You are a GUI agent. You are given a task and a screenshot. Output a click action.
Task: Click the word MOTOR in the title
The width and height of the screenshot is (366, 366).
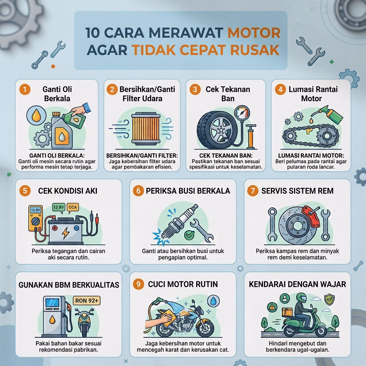254,33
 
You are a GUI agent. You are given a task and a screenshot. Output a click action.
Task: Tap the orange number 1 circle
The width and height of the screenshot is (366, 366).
25,89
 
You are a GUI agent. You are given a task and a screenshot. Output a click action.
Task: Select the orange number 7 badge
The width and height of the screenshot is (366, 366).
253,191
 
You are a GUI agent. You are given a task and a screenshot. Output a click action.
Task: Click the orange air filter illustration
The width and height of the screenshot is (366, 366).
146,129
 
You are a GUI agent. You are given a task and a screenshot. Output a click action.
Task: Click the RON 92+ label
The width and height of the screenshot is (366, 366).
86,301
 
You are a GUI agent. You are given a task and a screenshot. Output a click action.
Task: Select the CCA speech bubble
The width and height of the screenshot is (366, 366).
73,208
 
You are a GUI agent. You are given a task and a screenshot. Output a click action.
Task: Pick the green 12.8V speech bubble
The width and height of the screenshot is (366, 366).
59,208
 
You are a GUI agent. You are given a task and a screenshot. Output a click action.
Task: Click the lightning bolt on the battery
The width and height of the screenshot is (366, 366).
65,233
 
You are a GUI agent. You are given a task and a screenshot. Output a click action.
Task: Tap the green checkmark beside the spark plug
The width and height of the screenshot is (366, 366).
189,234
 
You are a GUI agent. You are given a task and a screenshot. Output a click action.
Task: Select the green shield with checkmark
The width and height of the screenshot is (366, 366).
329,299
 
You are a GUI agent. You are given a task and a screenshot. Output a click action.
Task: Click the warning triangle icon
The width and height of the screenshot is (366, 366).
272,307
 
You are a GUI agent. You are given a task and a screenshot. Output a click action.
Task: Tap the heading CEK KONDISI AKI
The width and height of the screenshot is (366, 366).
68,191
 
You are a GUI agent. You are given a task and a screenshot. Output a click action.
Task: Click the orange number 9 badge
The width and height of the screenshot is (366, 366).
138,284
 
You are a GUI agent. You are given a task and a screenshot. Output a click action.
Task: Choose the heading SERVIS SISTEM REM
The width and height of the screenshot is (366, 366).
297,191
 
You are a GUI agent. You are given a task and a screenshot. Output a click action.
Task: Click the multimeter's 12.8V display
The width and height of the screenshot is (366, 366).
35,210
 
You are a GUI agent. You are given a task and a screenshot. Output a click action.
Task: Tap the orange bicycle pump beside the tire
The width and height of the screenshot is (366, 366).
251,137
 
